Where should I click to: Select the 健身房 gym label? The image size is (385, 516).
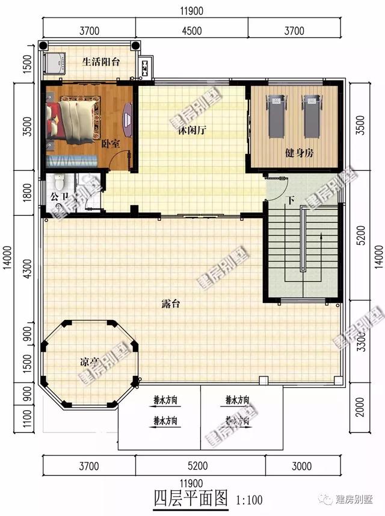click(x=299, y=153)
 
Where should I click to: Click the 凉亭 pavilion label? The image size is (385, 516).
click(x=90, y=362)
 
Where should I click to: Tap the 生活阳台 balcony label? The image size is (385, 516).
click(x=101, y=61)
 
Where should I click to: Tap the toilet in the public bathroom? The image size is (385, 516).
click(x=59, y=182)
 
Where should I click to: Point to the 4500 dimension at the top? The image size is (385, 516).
click(x=191, y=31)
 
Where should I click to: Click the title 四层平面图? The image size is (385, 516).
click(x=190, y=498)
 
